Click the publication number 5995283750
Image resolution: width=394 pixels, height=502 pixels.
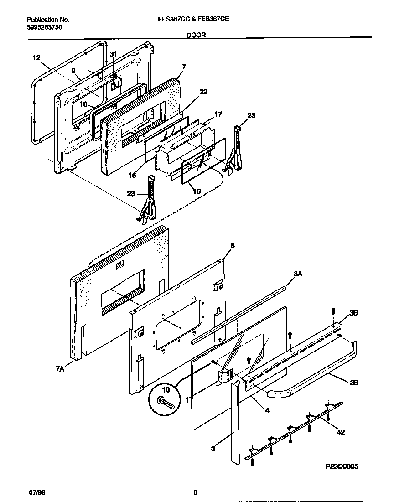click(45, 27)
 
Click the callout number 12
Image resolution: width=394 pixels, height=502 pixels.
click(36, 58)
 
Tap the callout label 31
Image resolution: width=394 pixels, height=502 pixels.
click(114, 54)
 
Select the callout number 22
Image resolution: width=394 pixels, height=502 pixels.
click(203, 92)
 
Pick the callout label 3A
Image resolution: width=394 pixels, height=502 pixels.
click(298, 274)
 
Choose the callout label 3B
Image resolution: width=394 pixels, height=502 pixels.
click(354, 313)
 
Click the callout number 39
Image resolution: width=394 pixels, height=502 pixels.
click(354, 383)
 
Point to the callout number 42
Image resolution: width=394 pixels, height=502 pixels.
click(340, 432)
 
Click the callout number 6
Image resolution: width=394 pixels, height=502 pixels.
click(232, 245)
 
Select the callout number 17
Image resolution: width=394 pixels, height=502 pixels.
click(218, 114)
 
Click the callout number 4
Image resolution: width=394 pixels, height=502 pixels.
click(267, 410)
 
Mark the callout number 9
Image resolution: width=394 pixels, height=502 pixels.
click(73, 71)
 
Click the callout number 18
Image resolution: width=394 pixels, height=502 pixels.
click(83, 104)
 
